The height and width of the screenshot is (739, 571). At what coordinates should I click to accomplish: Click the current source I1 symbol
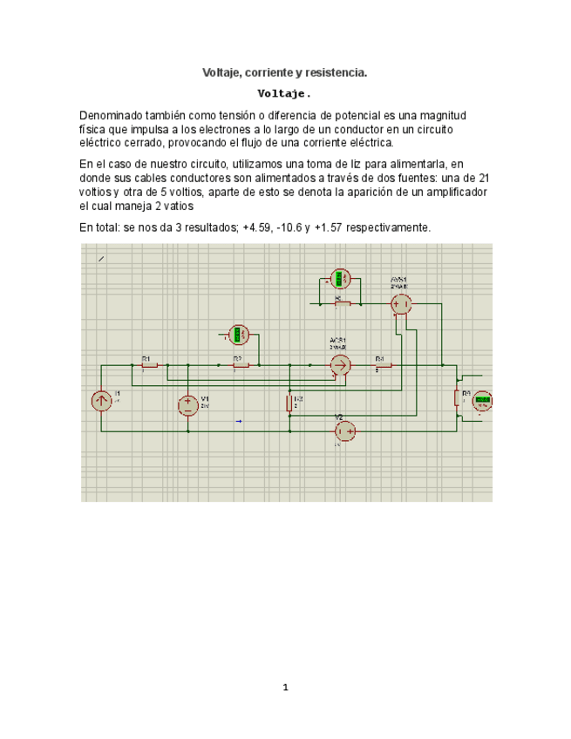pyautogui.click(x=101, y=401)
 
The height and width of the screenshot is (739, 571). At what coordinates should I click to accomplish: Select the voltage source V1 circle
pyautogui.click(x=188, y=404)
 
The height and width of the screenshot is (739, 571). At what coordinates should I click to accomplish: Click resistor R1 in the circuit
pyautogui.click(x=149, y=365)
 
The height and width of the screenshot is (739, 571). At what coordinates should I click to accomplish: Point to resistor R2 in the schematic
pyautogui.click(x=240, y=365)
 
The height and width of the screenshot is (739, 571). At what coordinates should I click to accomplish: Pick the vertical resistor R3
pyautogui.click(x=289, y=403)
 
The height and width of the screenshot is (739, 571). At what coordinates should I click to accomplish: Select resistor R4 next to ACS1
pyautogui.click(x=382, y=365)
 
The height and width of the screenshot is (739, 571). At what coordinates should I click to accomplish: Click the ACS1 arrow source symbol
pyautogui.click(x=340, y=365)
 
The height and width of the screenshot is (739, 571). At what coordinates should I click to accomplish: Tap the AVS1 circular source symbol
pyautogui.click(x=400, y=304)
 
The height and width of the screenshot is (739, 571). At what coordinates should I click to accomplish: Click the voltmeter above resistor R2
pyautogui.click(x=238, y=335)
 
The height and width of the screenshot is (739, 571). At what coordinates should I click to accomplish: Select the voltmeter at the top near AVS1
pyautogui.click(x=342, y=281)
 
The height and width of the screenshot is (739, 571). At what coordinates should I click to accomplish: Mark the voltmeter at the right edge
pyautogui.click(x=481, y=401)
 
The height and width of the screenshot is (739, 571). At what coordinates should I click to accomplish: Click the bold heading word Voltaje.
pyautogui.click(x=284, y=93)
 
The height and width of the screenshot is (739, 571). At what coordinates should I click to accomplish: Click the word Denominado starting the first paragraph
pyautogui.click(x=111, y=116)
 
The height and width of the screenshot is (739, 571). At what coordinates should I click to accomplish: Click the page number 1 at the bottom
pyautogui.click(x=285, y=688)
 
